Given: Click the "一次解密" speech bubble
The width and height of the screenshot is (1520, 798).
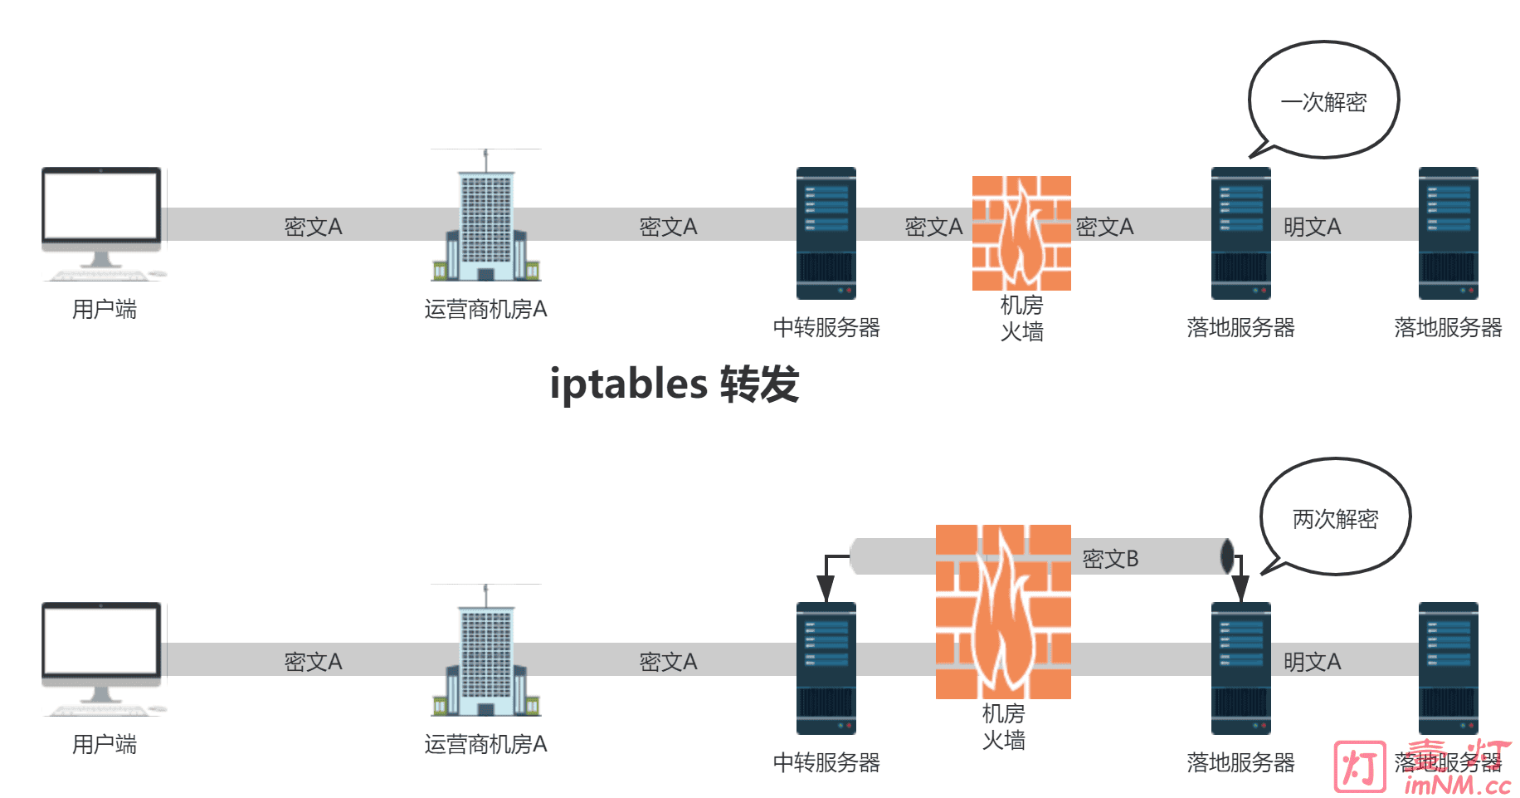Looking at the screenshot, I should (1323, 101).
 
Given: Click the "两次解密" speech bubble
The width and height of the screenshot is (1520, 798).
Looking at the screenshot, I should (1335, 518).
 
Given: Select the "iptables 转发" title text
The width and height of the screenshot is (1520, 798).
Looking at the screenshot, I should (674, 384).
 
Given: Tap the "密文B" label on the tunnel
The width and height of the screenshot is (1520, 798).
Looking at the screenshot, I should (1110, 559).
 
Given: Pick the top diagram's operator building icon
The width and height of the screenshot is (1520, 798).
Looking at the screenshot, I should (486, 220).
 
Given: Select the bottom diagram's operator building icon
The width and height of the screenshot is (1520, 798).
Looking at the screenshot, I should (486, 655).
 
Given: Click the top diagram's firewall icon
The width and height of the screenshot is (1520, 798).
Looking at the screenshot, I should (1021, 233).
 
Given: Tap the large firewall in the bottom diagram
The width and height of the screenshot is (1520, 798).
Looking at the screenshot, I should (1003, 611).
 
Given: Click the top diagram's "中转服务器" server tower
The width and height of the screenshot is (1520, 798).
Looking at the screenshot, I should (826, 233).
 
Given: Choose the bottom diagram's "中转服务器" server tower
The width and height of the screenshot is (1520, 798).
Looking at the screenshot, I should (826, 668).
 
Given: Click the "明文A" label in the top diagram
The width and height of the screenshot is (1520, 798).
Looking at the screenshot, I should (1312, 227).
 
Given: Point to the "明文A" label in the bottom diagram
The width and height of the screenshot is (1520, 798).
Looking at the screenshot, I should (1312, 662).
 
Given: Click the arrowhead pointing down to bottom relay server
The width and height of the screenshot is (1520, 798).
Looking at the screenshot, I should (826, 590).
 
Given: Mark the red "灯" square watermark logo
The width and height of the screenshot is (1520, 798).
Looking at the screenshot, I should (1359, 766).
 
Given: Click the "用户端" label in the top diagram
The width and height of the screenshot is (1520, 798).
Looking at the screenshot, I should (104, 310).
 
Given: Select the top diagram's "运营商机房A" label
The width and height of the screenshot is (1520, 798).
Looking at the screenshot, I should (485, 310).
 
